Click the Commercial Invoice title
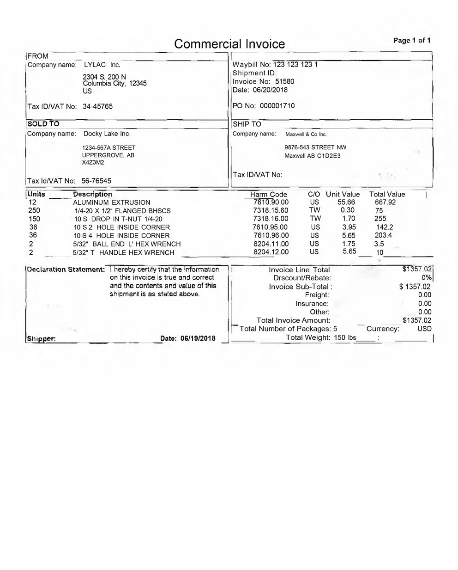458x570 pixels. pyautogui.click(x=229, y=44)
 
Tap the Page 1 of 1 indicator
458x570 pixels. pyautogui.click(x=412, y=40)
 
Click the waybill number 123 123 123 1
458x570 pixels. pyautogui.click(x=295, y=65)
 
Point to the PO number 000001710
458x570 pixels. pyautogui.click(x=277, y=106)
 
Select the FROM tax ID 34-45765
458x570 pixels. pyautogui.click(x=97, y=106)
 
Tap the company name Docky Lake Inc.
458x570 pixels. pyautogui.click(x=107, y=134)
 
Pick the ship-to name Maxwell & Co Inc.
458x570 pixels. pyautogui.click(x=306, y=135)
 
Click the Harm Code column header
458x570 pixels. pyautogui.click(x=269, y=195)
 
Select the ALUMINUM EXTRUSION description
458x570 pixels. pyautogui.click(x=112, y=202)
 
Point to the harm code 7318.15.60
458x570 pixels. pyautogui.click(x=271, y=210)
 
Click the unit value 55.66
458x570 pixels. pyautogui.click(x=346, y=202)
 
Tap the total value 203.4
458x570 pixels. pyautogui.click(x=383, y=235)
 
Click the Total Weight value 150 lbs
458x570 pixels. pyautogui.click(x=345, y=337)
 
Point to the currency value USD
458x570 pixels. pyautogui.click(x=424, y=329)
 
